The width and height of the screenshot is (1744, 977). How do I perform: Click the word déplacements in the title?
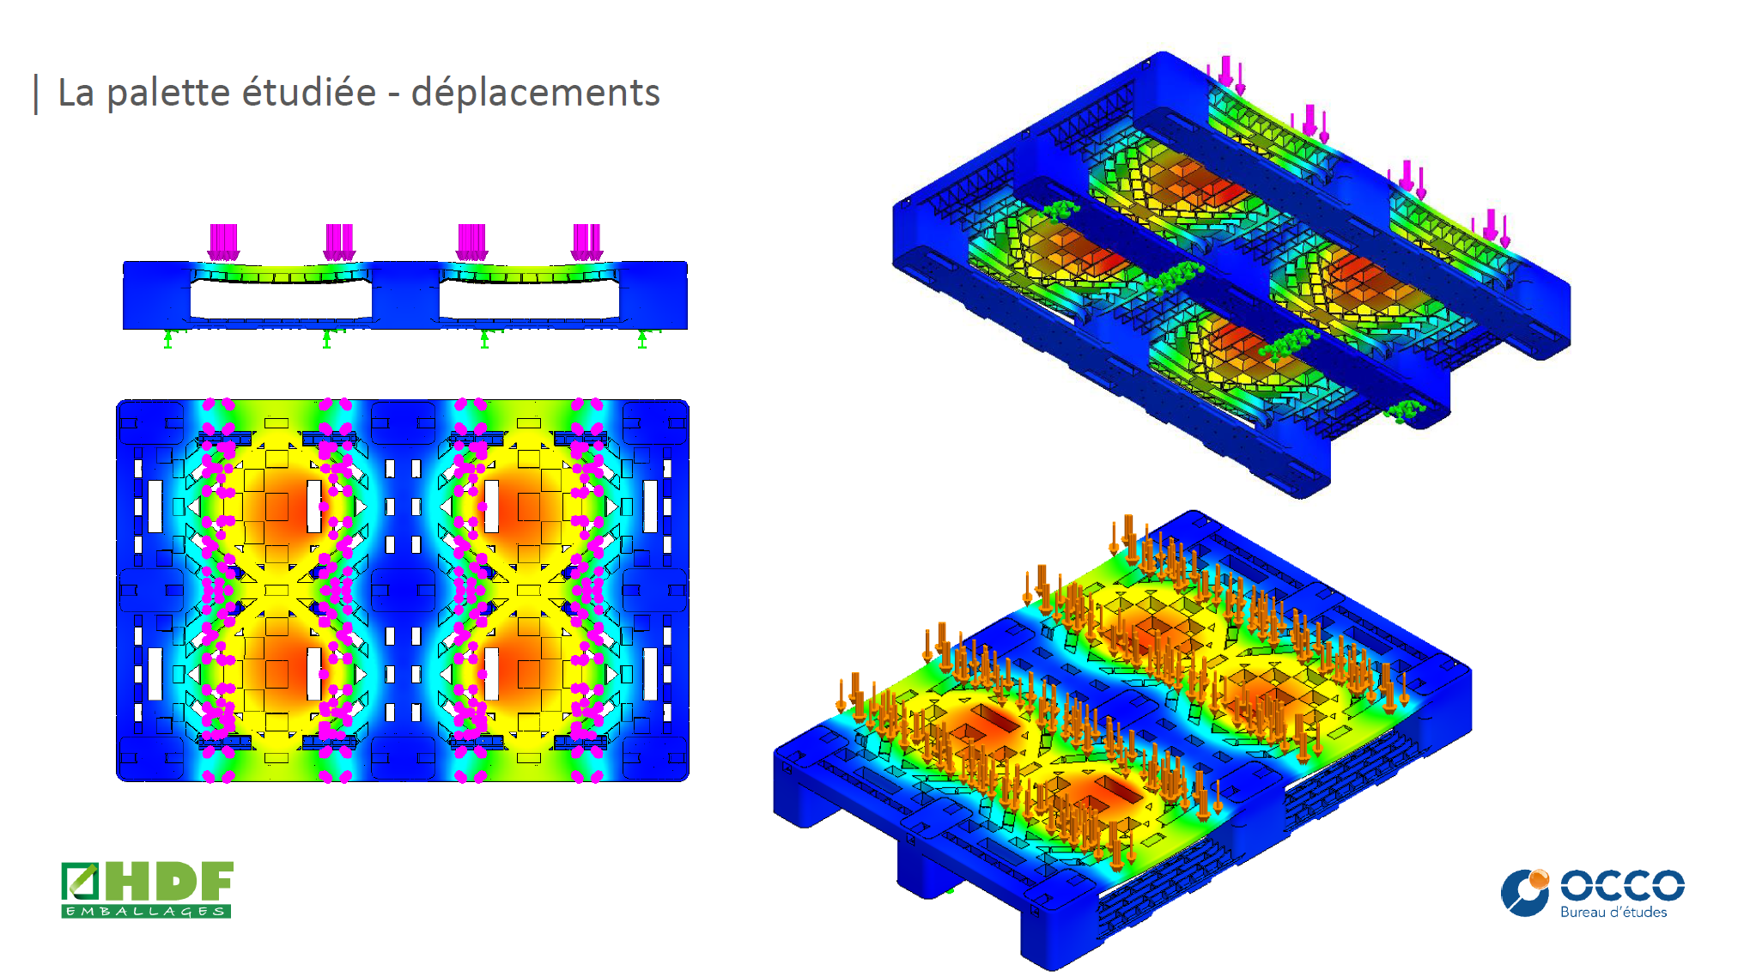click(535, 93)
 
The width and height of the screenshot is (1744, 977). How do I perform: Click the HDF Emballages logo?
click(147, 889)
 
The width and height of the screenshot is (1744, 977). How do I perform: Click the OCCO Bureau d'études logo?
click(1593, 894)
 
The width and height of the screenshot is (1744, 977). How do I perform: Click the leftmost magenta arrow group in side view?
click(223, 242)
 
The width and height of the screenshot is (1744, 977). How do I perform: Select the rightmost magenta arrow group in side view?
click(587, 242)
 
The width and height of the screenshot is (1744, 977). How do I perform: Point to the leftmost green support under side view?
click(168, 339)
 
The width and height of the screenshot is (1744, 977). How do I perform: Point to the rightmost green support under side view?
click(642, 339)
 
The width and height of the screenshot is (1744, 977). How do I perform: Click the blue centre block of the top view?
click(403, 591)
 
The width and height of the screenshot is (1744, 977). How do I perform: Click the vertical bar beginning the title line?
click(36, 94)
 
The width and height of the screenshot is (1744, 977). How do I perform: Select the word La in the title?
click(76, 93)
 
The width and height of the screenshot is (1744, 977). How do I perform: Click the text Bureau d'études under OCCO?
click(1613, 913)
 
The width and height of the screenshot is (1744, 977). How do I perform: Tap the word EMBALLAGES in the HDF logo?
click(146, 911)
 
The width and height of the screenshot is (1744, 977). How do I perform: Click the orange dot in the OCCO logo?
click(1539, 878)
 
